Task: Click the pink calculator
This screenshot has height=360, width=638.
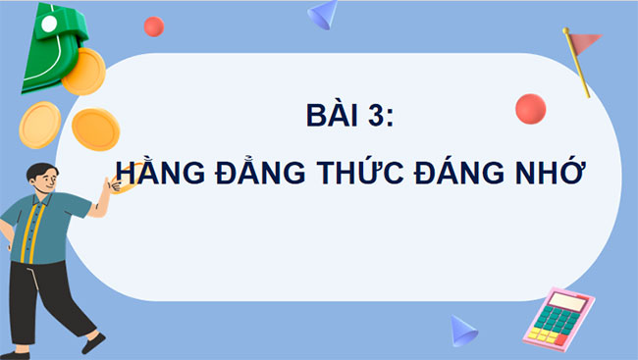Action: pyautogui.click(x=559, y=318)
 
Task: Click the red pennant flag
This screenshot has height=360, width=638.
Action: pyautogui.click(x=587, y=42)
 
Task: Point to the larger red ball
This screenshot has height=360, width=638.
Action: pyautogui.click(x=530, y=109)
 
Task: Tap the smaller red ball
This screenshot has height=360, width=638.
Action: pyautogui.click(x=154, y=26)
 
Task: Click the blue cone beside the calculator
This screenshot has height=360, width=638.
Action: pyautogui.click(x=462, y=331)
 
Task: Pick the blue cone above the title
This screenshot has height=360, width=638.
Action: pyautogui.click(x=323, y=13)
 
